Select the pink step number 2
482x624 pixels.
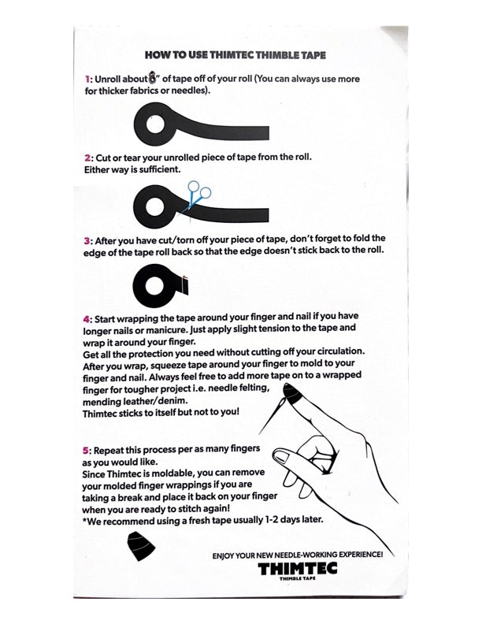(x=87, y=157)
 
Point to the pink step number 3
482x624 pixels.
(x=87, y=239)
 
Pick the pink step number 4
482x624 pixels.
(x=87, y=319)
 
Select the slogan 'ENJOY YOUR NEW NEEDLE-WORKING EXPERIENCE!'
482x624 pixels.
(x=298, y=555)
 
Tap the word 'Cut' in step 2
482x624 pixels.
(x=105, y=157)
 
